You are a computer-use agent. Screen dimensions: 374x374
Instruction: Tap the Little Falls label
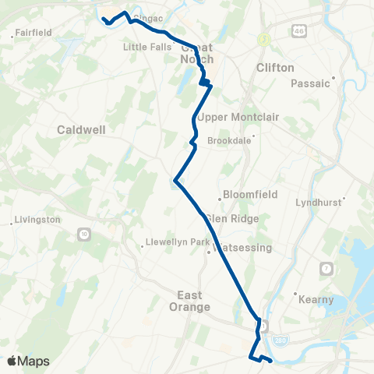145,47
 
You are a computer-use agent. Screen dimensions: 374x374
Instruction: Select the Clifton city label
275,68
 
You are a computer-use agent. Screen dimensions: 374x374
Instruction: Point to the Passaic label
311,83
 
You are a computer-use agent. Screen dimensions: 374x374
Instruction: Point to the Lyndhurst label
319,202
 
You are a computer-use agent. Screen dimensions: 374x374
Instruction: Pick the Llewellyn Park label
178,242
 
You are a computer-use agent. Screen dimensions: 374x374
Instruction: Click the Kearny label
316,299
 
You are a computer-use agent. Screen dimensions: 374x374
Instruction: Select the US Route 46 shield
300,30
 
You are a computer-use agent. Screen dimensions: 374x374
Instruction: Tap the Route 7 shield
325,269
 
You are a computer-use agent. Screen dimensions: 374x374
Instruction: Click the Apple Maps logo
29,361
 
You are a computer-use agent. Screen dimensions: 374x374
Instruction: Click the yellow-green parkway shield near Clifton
265,37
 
